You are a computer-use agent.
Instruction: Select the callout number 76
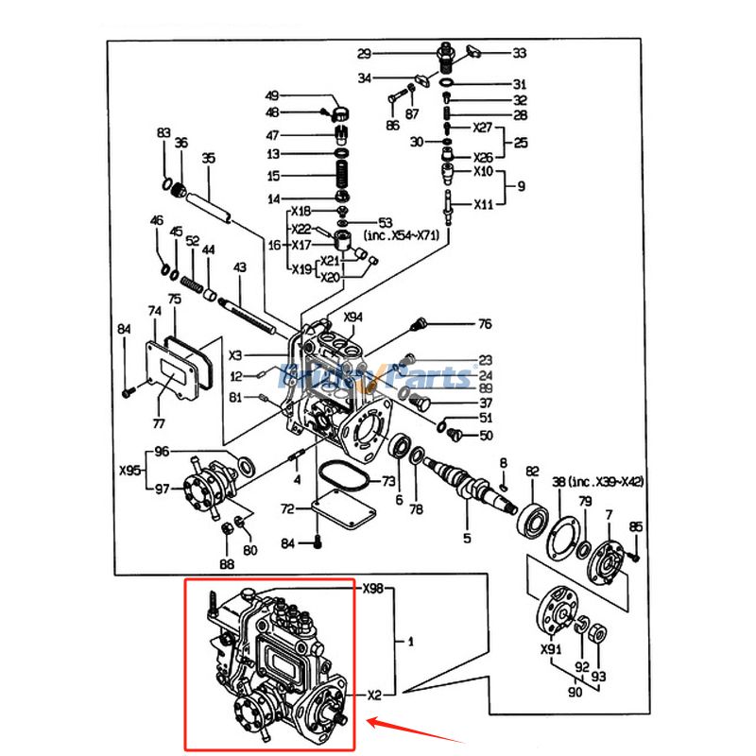[485, 324]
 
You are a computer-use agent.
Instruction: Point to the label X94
[353, 318]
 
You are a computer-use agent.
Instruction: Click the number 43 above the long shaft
[240, 267]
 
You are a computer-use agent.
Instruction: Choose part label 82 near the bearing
[532, 471]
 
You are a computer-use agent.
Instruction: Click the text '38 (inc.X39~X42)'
[598, 482]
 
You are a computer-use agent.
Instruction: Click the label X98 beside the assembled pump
[373, 589]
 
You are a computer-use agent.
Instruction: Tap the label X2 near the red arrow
[374, 695]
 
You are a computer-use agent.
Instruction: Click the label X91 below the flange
[551, 650]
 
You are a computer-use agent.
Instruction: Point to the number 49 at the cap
[272, 95]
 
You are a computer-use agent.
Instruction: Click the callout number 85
[636, 526]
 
